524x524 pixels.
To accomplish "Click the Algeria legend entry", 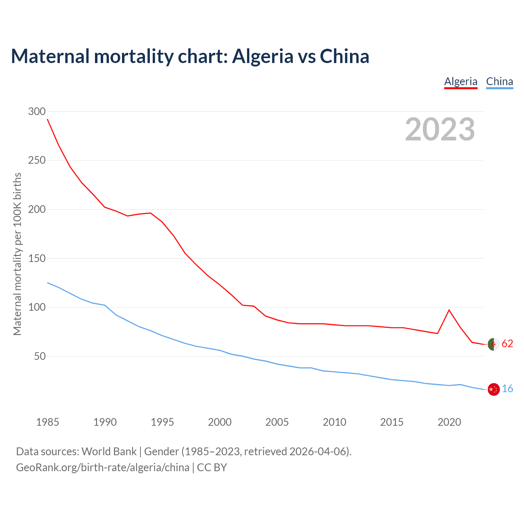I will [461, 81].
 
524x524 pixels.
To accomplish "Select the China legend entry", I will [499, 81].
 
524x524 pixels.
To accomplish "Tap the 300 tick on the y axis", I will [37, 111].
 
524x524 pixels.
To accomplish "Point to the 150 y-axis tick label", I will [37, 258].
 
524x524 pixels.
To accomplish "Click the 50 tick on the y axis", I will [39, 356].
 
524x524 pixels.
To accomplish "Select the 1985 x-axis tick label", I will [47, 422].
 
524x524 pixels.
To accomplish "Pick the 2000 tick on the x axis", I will [220, 422].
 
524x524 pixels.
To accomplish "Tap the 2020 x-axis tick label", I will [449, 422].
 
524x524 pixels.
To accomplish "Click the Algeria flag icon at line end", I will [494, 344].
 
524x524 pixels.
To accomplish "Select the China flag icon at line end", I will [494, 389].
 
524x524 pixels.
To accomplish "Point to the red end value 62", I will [507, 344].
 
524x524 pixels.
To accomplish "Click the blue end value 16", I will [507, 389].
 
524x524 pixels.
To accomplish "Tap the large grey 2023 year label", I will [440, 129].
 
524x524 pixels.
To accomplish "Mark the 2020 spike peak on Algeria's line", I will [449, 310].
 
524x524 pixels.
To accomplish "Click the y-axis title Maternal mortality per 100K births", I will [17, 254].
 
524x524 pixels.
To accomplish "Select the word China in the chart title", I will [344, 56].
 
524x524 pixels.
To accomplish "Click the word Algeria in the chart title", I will [263, 56].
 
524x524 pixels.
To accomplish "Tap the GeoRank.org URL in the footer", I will [102, 468].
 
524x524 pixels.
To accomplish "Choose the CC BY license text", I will [212, 468].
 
